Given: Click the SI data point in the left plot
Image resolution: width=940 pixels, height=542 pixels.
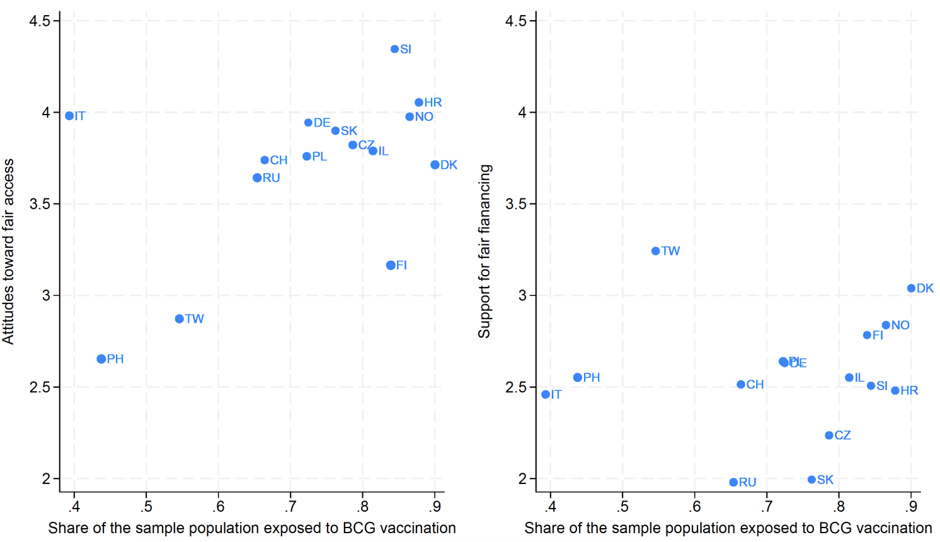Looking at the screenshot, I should click(394, 49).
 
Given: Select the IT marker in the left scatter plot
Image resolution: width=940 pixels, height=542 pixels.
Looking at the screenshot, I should click(69, 116).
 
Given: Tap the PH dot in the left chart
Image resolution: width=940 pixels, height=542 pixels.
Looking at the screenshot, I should click(101, 359).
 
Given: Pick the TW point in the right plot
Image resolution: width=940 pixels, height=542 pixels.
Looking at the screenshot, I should click(655, 251).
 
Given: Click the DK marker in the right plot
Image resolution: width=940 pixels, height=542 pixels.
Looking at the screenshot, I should click(911, 288).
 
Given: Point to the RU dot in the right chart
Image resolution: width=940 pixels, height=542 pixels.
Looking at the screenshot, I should click(733, 482).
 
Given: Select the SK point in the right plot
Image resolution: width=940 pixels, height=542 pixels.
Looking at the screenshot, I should click(811, 480).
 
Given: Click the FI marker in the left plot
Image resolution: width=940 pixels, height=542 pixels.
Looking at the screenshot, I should click(391, 266).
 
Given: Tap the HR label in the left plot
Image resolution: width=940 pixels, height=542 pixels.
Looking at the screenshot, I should click(433, 103).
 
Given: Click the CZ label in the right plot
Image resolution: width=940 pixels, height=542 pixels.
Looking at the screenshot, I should click(842, 435).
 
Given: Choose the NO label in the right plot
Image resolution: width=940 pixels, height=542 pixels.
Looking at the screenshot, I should click(900, 325).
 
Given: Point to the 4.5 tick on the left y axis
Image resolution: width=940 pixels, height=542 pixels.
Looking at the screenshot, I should click(40, 21).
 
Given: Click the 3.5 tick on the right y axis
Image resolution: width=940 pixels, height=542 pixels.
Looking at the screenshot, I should click(516, 204).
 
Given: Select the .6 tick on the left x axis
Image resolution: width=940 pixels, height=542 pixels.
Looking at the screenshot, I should click(218, 507).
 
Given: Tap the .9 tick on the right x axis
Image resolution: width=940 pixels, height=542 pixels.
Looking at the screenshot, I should click(911, 507).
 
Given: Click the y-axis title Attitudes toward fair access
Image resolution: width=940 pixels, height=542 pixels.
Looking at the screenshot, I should click(8, 251).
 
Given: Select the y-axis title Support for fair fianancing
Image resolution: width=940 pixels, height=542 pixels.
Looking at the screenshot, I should click(484, 251).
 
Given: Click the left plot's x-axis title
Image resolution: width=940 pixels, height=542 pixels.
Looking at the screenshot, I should click(252, 528).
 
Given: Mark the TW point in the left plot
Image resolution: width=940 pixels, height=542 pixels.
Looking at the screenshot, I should click(180, 319).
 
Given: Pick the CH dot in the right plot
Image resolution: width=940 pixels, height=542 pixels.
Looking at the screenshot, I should click(741, 385).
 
